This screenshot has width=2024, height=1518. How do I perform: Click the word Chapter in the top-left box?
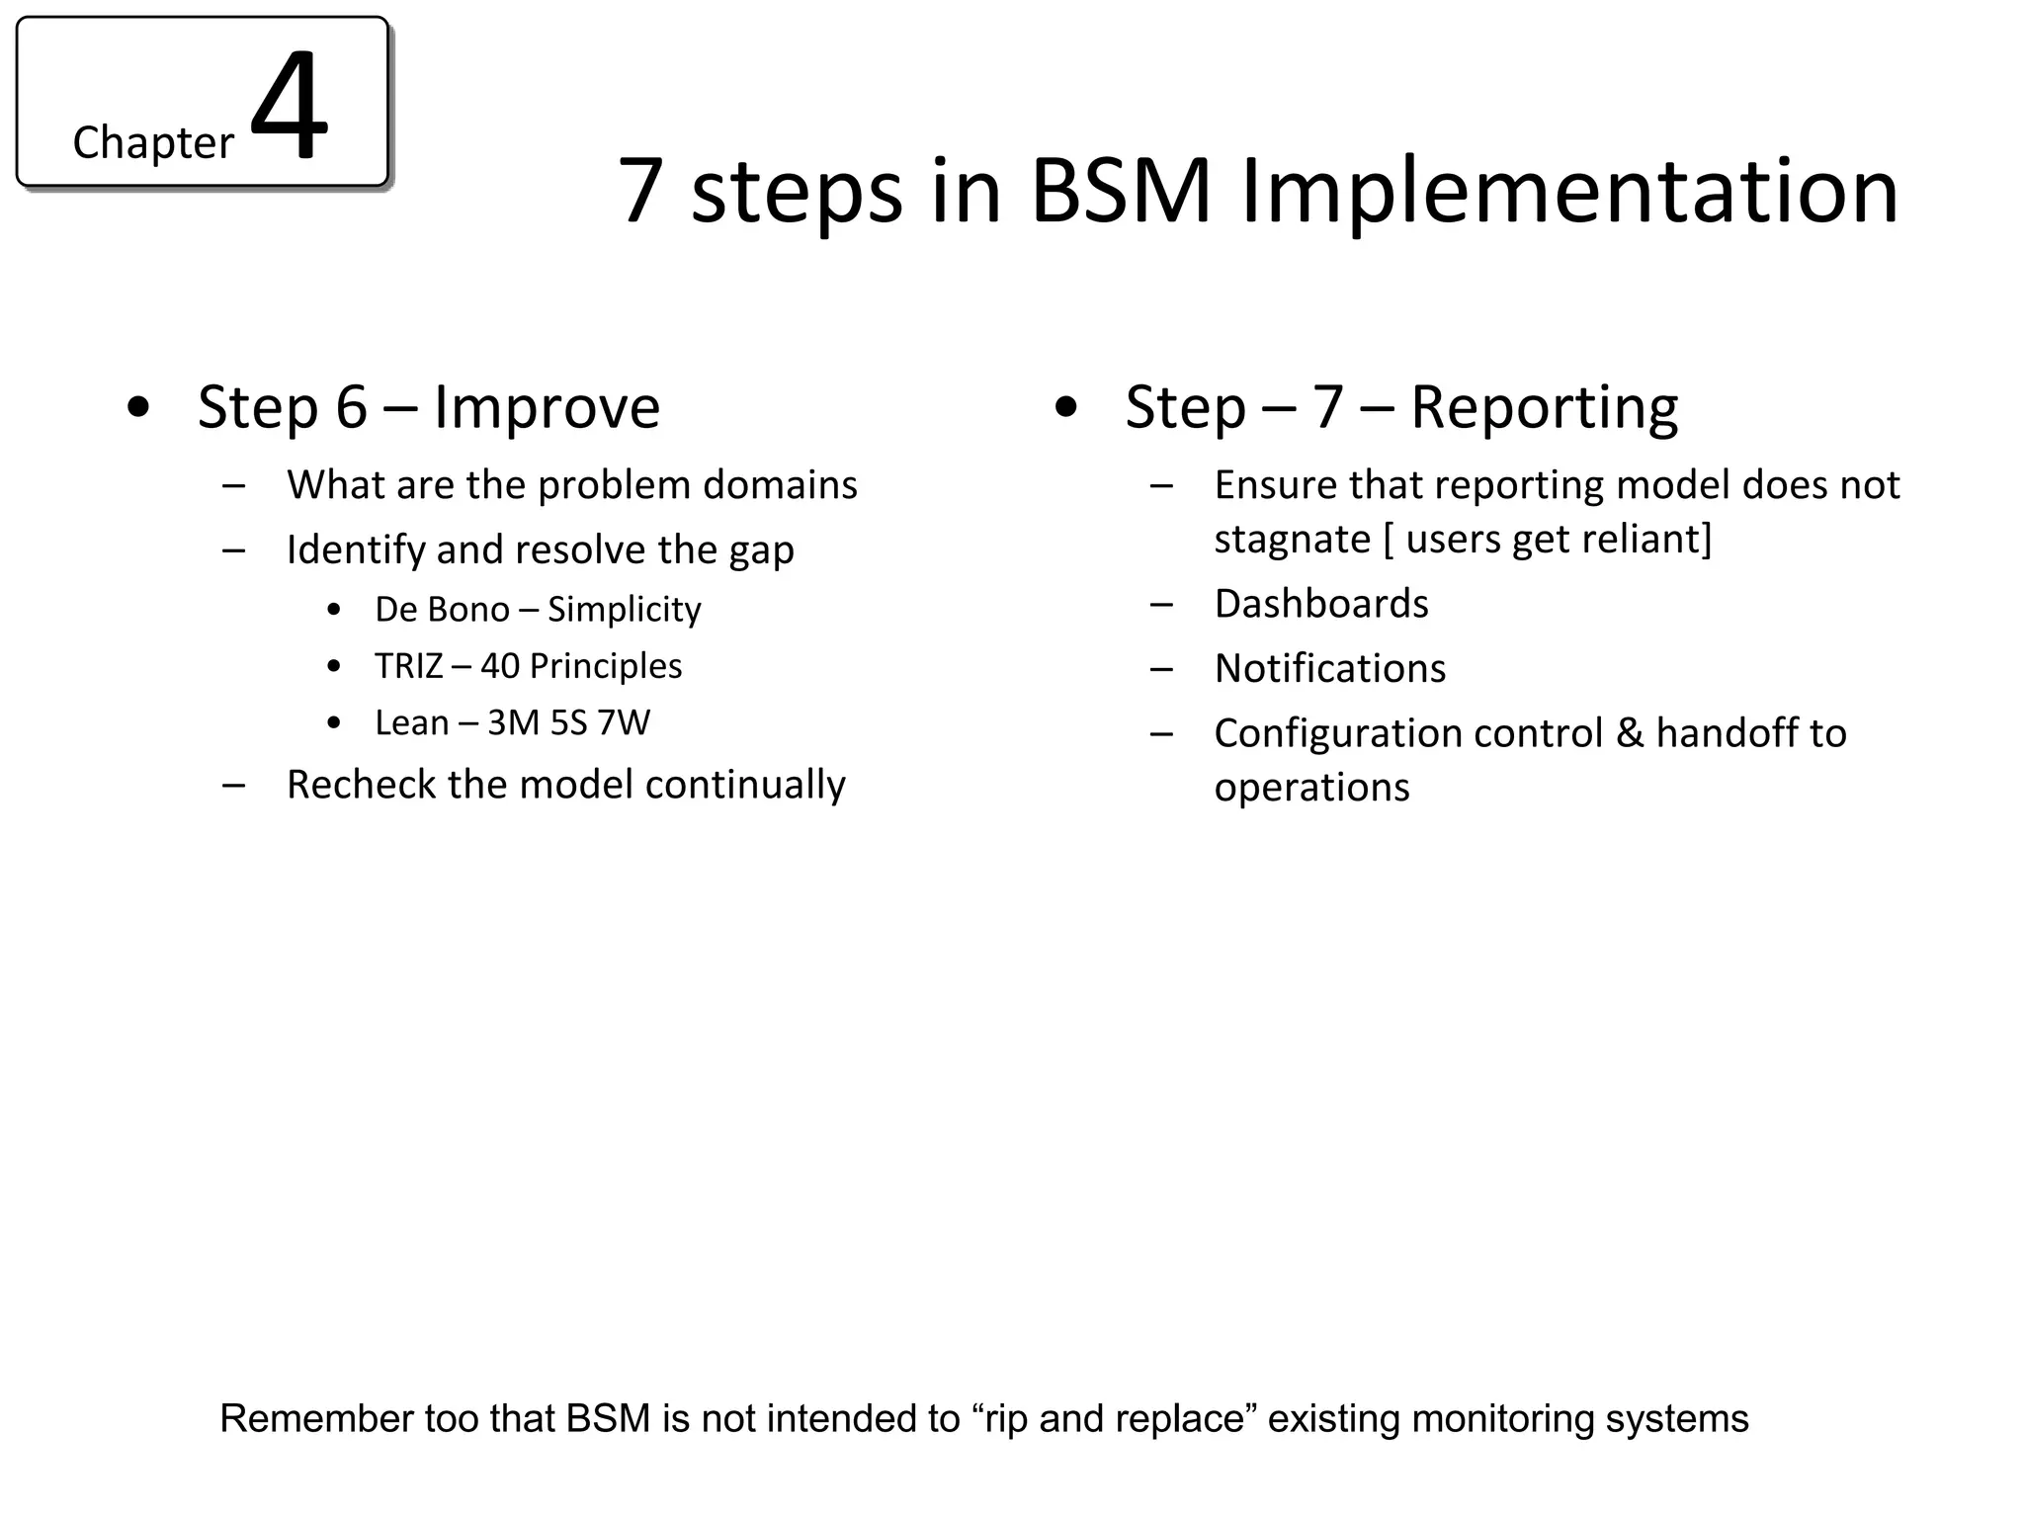(153, 143)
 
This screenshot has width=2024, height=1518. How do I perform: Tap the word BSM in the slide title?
(1121, 191)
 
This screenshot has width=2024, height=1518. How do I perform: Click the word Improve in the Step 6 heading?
(547, 406)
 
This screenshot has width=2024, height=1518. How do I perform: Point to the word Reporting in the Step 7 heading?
(1544, 406)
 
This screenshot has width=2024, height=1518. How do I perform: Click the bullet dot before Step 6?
(139, 407)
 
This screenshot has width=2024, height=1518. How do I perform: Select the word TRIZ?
(408, 666)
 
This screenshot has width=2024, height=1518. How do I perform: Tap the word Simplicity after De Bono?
(624, 610)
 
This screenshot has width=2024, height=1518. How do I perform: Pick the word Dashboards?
(1321, 604)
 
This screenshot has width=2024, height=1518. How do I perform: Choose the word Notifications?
(1330, 669)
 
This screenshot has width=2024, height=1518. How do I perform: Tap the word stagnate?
(1292, 540)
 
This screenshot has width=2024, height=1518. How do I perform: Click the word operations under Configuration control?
(1311, 788)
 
